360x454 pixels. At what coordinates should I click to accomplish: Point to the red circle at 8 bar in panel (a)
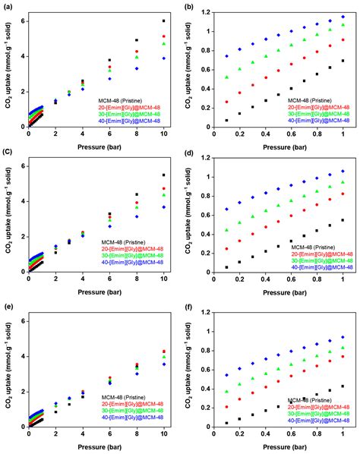click(x=137, y=52)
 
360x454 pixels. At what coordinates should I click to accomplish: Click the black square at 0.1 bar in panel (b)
click(x=226, y=120)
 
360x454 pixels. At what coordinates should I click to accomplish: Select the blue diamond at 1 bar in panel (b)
click(x=343, y=16)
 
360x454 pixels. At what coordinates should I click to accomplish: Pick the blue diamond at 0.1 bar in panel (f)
click(x=226, y=375)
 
